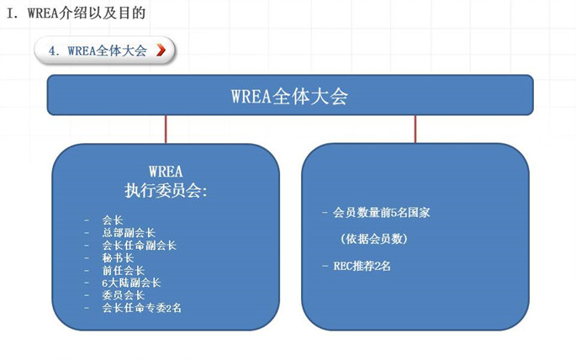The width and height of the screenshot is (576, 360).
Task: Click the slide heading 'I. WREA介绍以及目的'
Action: (77, 13)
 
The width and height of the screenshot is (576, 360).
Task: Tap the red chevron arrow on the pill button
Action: (161, 50)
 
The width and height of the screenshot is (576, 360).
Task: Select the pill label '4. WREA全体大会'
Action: (98, 50)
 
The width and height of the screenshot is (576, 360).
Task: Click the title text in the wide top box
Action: (289, 96)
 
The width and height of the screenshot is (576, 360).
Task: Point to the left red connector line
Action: (166, 129)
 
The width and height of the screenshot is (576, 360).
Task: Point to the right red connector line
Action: (415, 129)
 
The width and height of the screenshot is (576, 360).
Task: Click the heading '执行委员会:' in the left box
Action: (166, 190)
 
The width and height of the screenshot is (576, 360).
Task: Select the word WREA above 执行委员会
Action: (166, 172)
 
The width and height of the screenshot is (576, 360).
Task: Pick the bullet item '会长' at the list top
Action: (113, 220)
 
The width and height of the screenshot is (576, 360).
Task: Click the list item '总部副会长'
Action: (129, 232)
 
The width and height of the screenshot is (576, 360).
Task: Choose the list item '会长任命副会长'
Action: (140, 245)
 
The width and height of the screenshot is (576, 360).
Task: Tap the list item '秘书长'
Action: (118, 257)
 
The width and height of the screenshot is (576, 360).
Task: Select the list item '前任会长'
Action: (124, 270)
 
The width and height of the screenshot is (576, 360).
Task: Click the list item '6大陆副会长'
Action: (131, 283)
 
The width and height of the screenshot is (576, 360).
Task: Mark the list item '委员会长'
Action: (124, 295)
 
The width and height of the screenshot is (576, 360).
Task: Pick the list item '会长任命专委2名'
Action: (142, 308)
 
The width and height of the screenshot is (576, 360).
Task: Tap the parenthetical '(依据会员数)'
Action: (374, 239)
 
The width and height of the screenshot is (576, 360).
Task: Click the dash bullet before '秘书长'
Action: (87, 258)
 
